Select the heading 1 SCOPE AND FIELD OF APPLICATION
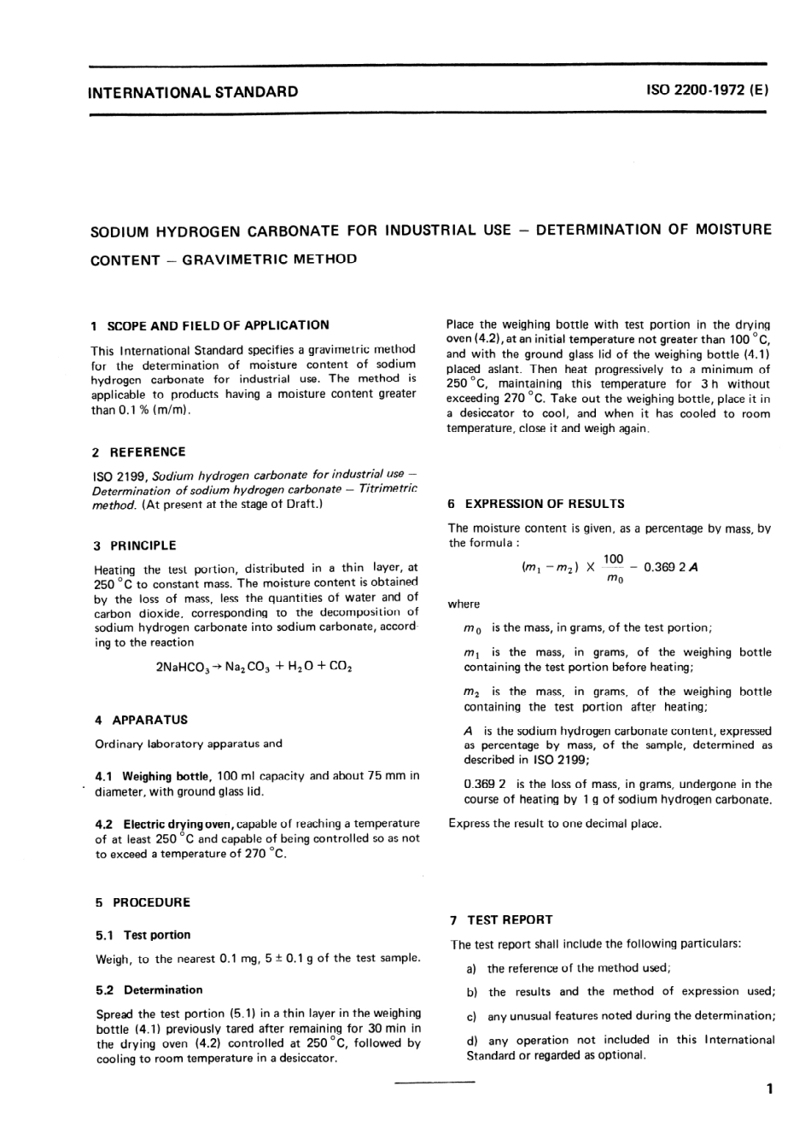tap(211, 325)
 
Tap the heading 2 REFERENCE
tap(139, 452)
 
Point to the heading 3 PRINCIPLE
tap(135, 546)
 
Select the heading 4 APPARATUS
tap(141, 720)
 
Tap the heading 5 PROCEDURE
tap(143, 902)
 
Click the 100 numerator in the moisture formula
tap(613, 559)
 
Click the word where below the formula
tap(464, 604)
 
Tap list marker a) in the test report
tap(471, 968)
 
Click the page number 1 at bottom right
tap(769, 1089)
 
